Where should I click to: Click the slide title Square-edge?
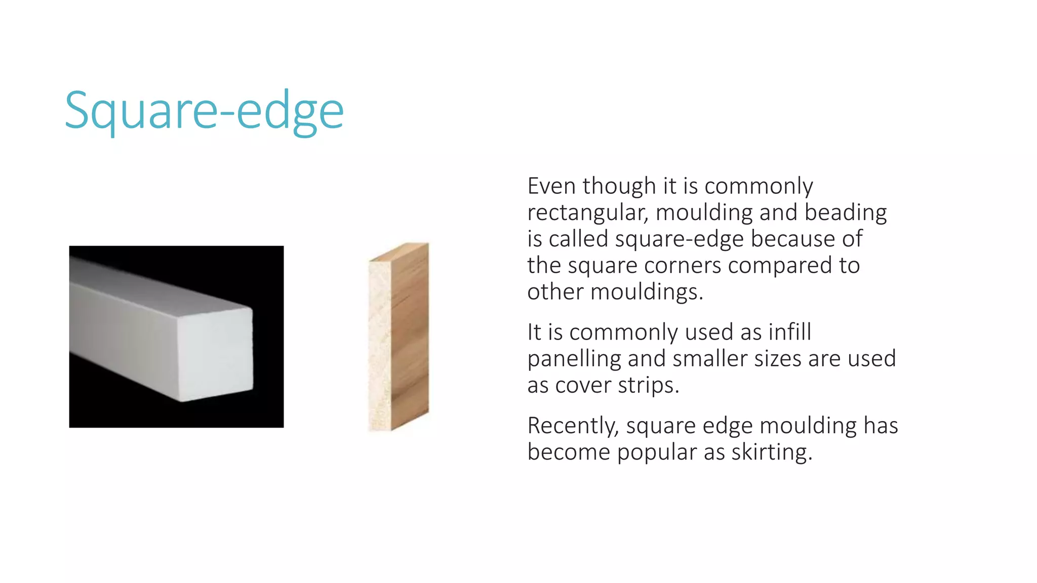pos(204,111)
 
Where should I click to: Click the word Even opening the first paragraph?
pos(552,186)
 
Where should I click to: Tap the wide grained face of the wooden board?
pos(410,334)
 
